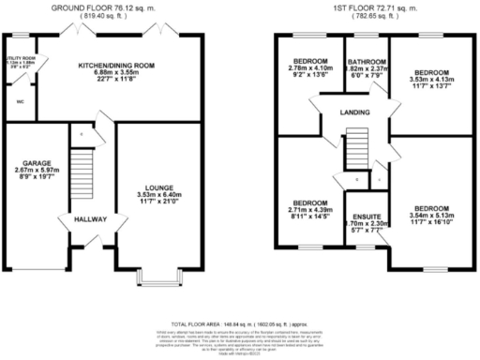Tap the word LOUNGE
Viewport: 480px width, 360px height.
pos(157,187)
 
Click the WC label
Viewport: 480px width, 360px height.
pos(19,101)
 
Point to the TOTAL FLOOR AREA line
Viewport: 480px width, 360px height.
pos(240,316)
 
